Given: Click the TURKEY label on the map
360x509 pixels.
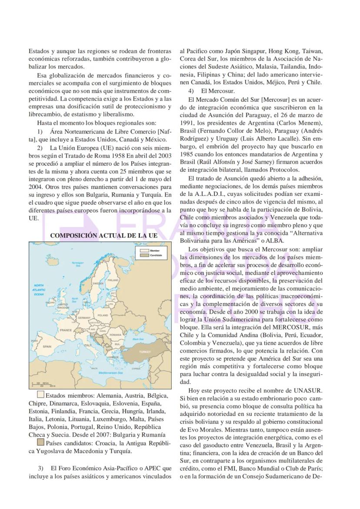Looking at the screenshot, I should pos(144,351).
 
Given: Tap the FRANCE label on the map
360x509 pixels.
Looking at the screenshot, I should pos(66,330).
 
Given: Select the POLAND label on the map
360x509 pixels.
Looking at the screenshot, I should pos(103,315).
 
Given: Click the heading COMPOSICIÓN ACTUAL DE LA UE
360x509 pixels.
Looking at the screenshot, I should pos(104,235).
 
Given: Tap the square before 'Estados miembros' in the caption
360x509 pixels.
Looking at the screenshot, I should pos(40,395).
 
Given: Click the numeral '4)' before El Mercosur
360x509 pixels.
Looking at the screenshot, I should pos(191,91).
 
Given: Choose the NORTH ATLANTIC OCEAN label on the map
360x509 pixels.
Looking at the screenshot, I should pos(39,290).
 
